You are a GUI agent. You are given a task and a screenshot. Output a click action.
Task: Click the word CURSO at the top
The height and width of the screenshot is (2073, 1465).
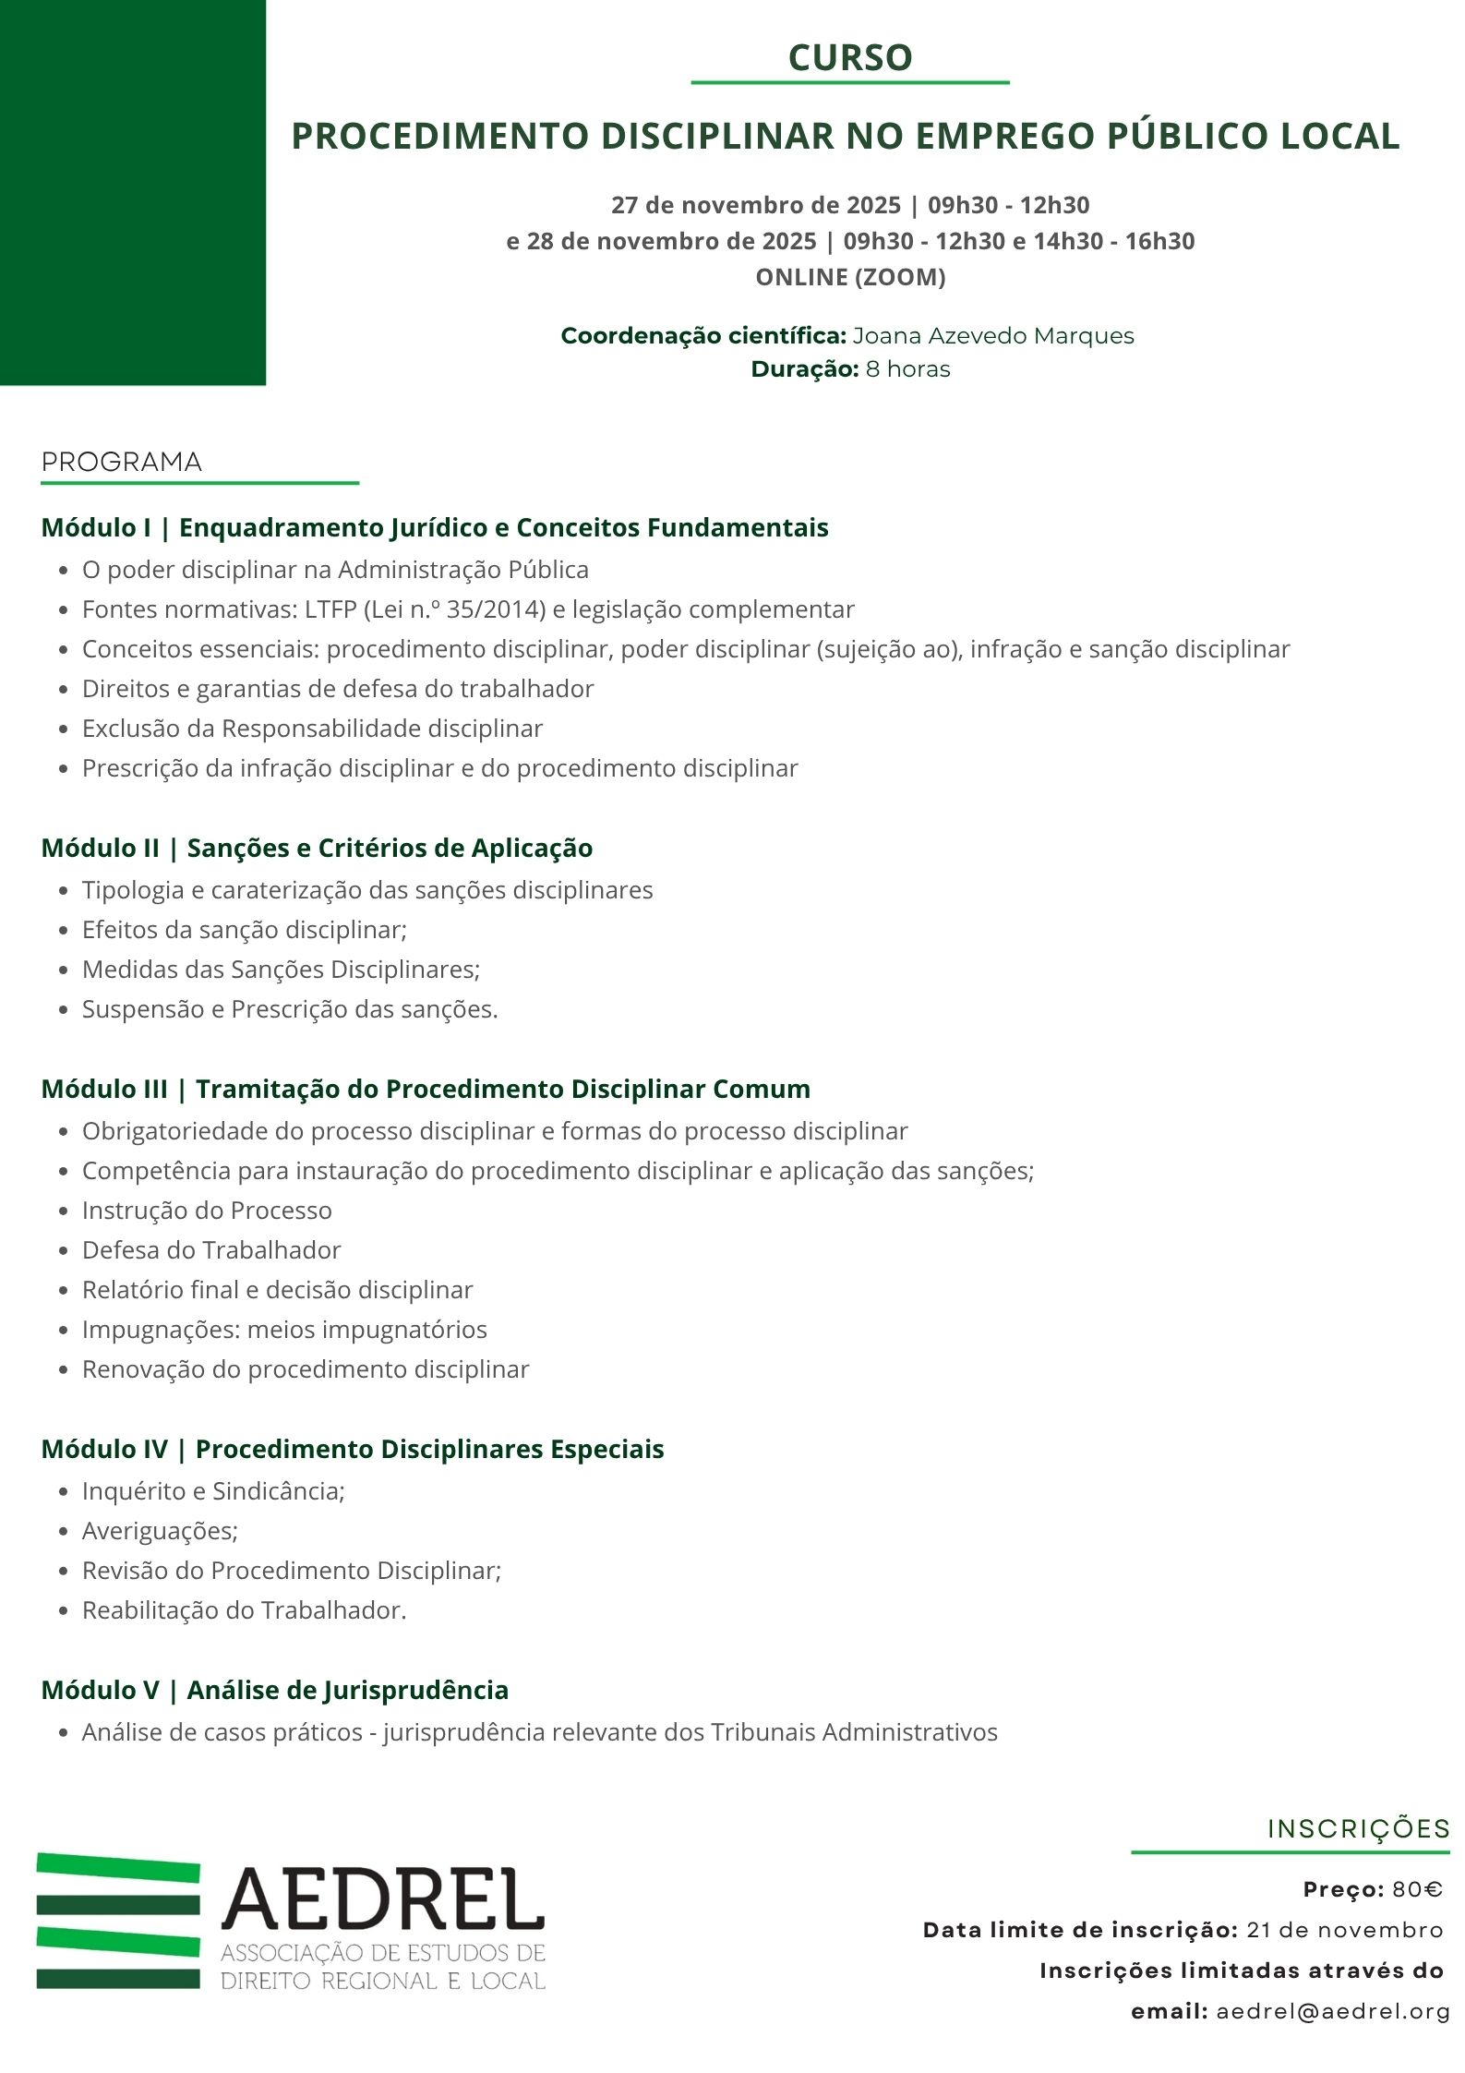pyautogui.click(x=849, y=57)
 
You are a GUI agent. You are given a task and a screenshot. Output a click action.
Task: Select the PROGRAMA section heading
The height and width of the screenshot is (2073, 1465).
pyautogui.click(x=121, y=462)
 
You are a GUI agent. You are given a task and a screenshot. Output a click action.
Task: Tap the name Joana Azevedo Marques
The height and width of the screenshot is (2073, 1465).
pyautogui.click(x=992, y=335)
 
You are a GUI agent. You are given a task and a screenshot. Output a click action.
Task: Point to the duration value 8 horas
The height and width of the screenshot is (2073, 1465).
pyautogui.click(x=907, y=368)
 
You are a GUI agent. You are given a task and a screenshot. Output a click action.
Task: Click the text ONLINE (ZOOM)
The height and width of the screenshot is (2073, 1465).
pyautogui.click(x=850, y=277)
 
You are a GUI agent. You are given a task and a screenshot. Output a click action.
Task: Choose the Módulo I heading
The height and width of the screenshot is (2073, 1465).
pyautogui.click(x=435, y=527)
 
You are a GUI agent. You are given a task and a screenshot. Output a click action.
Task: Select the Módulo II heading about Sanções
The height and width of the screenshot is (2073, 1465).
pyautogui.click(x=317, y=848)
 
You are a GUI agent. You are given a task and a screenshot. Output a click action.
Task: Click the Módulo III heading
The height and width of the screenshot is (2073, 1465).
pyautogui.click(x=426, y=1089)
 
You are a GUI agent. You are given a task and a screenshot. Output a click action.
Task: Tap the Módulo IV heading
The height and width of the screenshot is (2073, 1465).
pyautogui.click(x=352, y=1449)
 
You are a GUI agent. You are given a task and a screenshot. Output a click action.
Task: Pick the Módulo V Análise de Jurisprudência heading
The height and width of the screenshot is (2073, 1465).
pyautogui.click(x=274, y=1690)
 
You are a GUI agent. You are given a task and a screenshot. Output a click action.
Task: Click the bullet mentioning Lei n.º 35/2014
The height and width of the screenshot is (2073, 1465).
pyautogui.click(x=468, y=609)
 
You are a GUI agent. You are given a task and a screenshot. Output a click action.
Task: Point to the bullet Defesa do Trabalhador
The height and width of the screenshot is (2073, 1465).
pyautogui.click(x=211, y=1250)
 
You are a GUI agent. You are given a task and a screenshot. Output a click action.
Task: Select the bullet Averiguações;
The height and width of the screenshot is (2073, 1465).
pyautogui.click(x=160, y=1531)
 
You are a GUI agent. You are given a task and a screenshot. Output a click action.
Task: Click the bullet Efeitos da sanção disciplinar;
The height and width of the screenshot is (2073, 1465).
pyautogui.click(x=244, y=930)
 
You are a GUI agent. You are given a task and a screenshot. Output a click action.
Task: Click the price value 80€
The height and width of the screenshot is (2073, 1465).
pyautogui.click(x=1417, y=1889)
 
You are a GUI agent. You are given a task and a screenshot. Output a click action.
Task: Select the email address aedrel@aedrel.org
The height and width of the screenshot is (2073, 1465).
pyautogui.click(x=1332, y=2011)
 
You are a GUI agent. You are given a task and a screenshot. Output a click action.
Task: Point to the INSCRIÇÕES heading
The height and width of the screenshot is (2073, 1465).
pyautogui.click(x=1358, y=1829)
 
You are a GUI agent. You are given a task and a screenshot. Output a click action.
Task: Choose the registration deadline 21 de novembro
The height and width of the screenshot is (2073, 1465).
pyautogui.click(x=1344, y=1930)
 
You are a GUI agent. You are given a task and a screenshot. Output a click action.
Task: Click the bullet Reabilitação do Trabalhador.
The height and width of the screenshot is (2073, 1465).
pyautogui.click(x=244, y=1610)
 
